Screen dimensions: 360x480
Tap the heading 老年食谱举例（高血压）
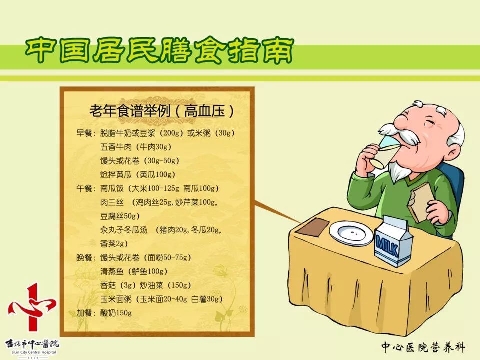coord(161,111)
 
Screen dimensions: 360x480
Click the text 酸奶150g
coord(116,313)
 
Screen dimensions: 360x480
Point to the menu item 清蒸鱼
coord(113,272)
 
